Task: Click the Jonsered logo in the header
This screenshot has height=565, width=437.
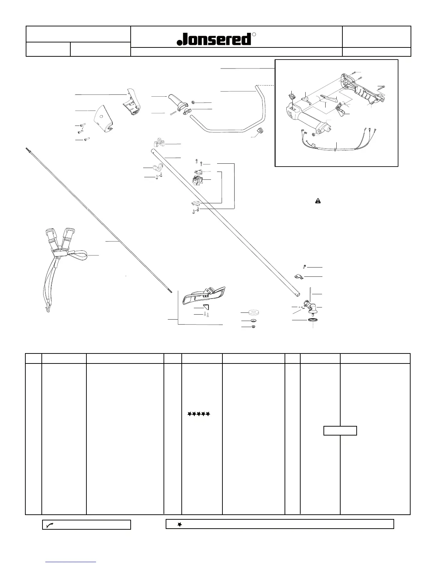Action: (214, 39)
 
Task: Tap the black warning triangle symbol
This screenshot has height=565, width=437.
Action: (318, 201)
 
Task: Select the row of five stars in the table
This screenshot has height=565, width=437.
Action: (199, 414)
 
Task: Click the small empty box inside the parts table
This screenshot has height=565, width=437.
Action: (340, 431)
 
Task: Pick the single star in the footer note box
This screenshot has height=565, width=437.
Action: (180, 524)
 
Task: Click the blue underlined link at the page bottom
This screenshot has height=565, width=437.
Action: (71, 562)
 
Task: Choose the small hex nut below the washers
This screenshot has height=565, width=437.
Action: (253, 327)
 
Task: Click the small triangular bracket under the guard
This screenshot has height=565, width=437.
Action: (206, 307)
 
